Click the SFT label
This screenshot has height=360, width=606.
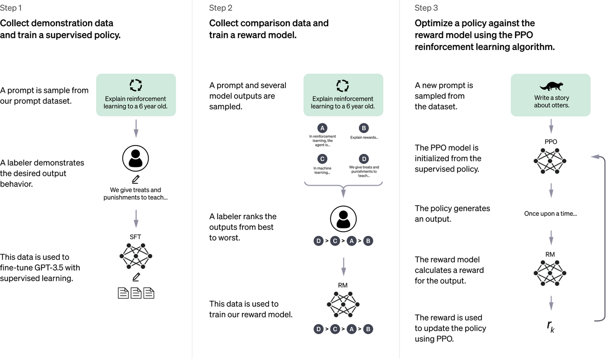tap(135, 237)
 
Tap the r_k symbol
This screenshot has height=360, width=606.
tap(551, 326)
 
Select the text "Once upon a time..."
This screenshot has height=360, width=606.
tap(551, 213)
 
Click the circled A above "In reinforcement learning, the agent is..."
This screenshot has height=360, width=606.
tap(322, 128)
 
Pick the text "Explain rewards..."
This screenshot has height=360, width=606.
tap(364, 137)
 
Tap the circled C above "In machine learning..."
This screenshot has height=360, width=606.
tap(322, 159)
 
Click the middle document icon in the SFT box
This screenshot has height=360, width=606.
tap(136, 293)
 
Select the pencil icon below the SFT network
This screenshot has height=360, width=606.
tap(136, 277)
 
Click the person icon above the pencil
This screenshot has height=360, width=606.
tap(136, 159)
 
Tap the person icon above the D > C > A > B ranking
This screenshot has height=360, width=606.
tap(343, 219)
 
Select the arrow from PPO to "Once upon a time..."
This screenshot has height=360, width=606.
tap(551, 190)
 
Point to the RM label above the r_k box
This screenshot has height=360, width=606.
tap(551, 254)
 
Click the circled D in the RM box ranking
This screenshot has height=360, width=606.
tap(318, 329)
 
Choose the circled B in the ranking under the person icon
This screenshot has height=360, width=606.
tap(368, 241)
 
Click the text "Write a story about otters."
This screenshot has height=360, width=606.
tap(551, 102)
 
